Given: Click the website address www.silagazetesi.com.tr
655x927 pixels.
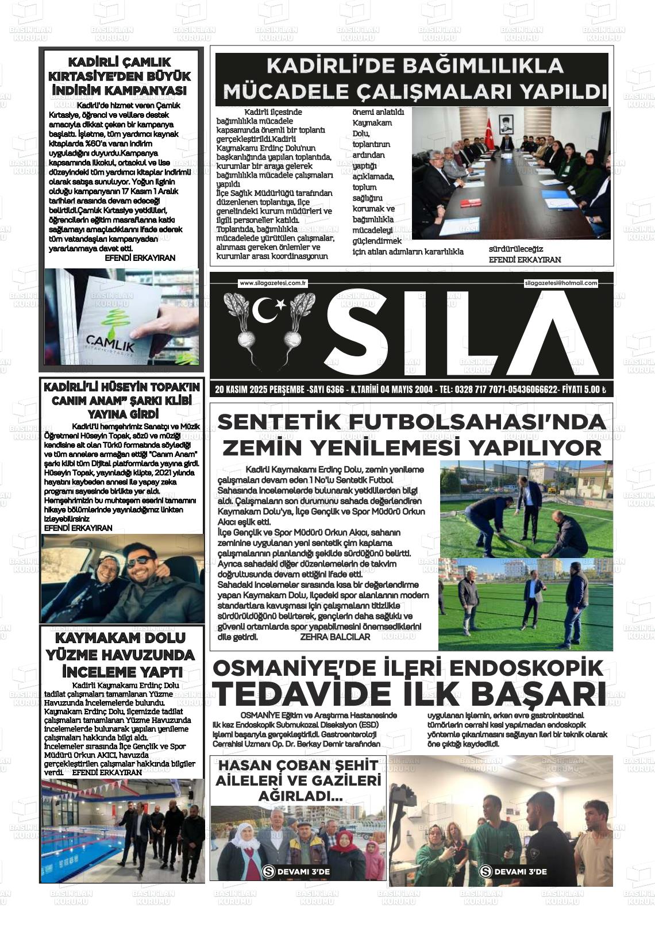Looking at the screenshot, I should [273, 283].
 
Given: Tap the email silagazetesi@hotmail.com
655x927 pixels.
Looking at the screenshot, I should [561, 283].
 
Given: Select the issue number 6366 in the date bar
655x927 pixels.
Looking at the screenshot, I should [334, 390].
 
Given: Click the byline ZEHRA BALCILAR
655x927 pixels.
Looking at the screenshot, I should [335, 637].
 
